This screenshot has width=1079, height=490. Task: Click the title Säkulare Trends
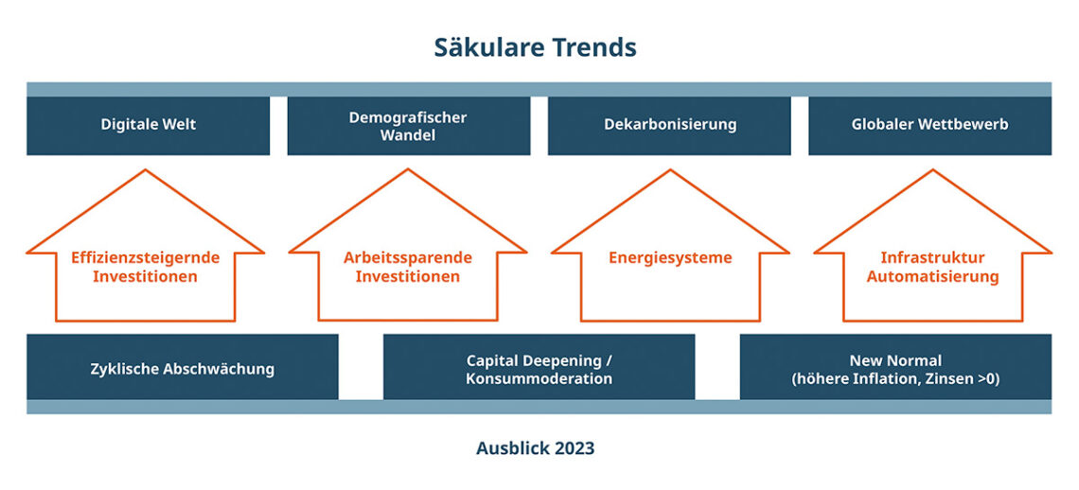[536, 47]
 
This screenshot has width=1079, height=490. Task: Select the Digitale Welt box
[148, 125]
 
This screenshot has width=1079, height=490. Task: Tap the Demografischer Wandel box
[409, 125]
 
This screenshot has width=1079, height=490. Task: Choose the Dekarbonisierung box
[669, 125]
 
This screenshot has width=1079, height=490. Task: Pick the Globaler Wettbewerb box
[929, 125]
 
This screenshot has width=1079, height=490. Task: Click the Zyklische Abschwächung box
[183, 367]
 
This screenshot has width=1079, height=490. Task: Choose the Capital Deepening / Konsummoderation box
[539, 367]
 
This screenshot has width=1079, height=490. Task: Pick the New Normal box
[895, 367]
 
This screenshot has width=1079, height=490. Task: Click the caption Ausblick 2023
[536, 448]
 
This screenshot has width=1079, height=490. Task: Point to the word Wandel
[408, 135]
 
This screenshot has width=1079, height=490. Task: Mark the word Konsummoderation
[539, 378]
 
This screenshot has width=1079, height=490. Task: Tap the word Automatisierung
[932, 277]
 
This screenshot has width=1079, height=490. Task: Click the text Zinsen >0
[965, 378]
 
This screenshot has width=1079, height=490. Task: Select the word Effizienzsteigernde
[145, 257]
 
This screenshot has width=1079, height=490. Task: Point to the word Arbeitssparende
[408, 257]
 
